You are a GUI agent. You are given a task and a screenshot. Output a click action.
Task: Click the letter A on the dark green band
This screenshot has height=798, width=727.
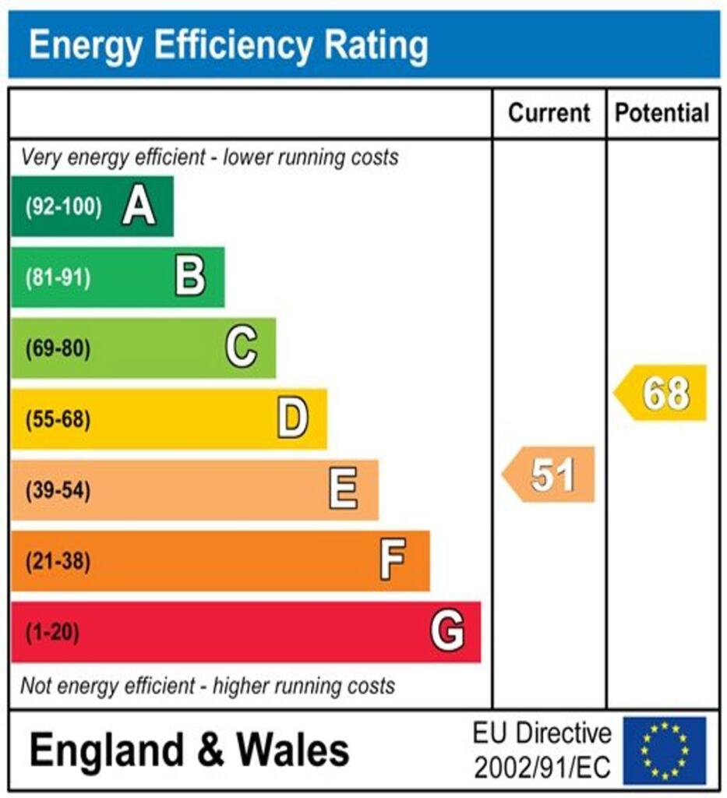(139, 207)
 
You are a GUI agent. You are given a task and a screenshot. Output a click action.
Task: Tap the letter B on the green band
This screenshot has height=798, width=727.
(190, 277)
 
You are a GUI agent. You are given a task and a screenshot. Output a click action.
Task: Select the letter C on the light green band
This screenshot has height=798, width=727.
(242, 348)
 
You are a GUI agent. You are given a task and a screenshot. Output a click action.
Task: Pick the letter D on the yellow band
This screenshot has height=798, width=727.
(293, 419)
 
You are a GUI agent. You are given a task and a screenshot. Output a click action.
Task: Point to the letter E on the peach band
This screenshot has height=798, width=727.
(344, 490)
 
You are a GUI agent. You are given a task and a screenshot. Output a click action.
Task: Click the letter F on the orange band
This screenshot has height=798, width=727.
(393, 560)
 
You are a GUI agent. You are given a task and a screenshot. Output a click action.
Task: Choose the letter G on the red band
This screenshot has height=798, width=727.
(447, 631)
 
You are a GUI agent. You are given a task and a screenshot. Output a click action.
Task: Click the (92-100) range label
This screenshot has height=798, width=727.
(63, 207)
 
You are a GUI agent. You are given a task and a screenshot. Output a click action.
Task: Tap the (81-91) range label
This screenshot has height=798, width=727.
(58, 278)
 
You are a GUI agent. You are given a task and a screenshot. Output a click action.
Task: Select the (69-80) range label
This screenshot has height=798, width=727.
(58, 349)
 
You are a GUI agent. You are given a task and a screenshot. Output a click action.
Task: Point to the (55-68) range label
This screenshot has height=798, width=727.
(58, 420)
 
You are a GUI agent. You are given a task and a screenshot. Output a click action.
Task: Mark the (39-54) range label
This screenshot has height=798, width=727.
(58, 491)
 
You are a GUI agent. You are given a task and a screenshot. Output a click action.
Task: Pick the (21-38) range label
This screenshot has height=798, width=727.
(58, 561)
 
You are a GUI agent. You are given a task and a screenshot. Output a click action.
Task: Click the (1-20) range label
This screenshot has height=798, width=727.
(53, 632)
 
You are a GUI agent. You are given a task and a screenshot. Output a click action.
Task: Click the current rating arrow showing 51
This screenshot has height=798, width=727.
(550, 475)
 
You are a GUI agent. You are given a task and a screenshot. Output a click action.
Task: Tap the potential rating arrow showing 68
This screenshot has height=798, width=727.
(662, 393)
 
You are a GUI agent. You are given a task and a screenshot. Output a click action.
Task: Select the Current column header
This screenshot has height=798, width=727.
(549, 113)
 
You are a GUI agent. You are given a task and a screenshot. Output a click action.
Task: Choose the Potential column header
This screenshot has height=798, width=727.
(662, 113)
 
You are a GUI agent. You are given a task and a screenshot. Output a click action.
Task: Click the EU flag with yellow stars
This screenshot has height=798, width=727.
(664, 750)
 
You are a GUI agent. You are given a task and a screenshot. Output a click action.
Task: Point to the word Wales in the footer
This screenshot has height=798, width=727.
(293, 750)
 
